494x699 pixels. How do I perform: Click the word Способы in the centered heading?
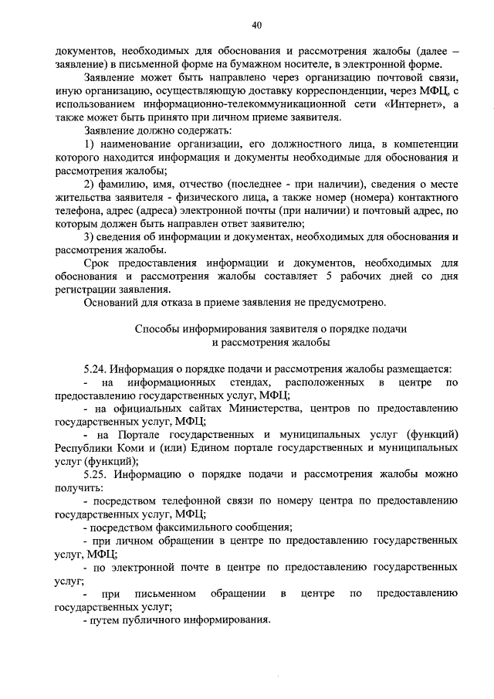(x=157, y=328)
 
